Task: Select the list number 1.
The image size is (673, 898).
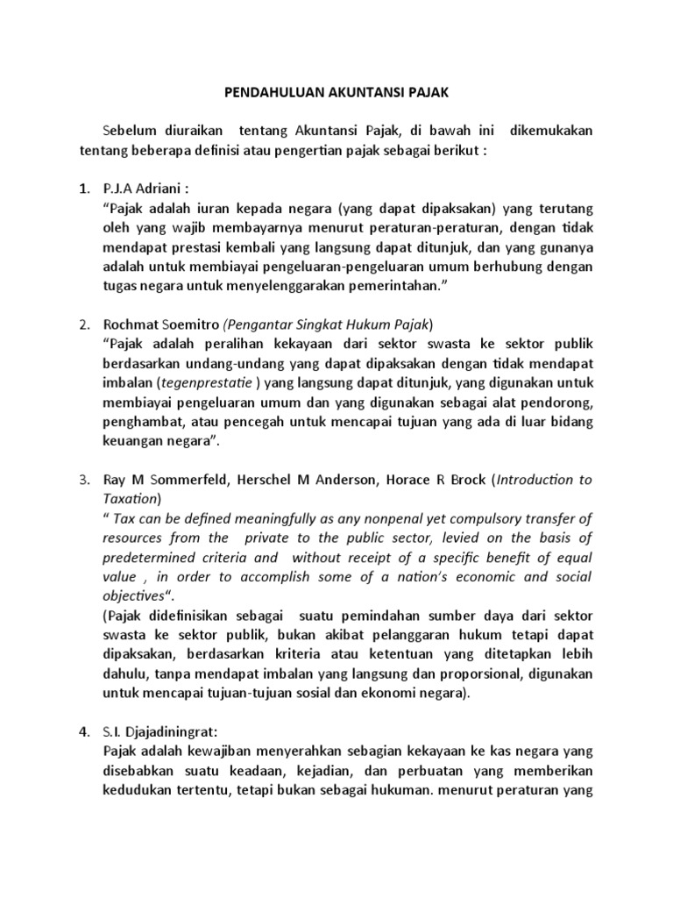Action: pyautogui.click(x=83, y=189)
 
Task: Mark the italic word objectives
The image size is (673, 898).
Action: pyautogui.click(x=136, y=595)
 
